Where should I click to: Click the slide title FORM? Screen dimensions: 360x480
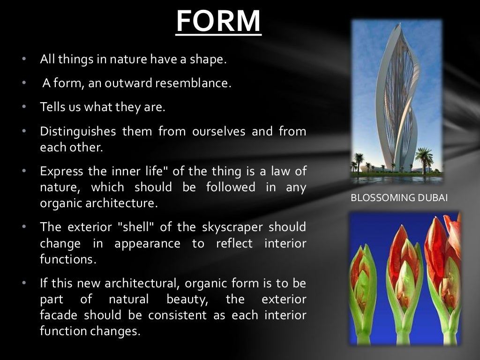[218, 21]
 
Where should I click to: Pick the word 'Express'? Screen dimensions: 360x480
[61, 171]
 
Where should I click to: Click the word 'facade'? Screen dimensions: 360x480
[59, 315]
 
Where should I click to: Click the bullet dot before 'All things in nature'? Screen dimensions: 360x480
[23, 60]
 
